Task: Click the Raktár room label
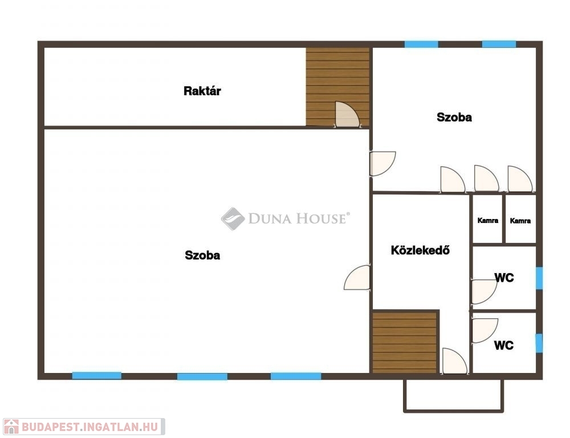click(x=202, y=91)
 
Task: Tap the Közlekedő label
click(x=420, y=250)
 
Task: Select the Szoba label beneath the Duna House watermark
click(x=202, y=255)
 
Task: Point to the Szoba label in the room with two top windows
click(x=454, y=117)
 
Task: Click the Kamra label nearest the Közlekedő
click(x=488, y=220)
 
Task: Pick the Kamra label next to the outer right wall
click(x=520, y=221)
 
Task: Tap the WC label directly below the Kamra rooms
click(x=504, y=278)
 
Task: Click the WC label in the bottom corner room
click(x=504, y=345)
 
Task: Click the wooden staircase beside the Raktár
click(x=337, y=87)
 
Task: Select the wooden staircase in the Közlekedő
click(x=405, y=342)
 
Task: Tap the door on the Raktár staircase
click(x=347, y=115)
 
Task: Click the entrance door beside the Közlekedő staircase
click(x=454, y=361)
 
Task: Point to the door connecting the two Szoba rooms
click(x=382, y=164)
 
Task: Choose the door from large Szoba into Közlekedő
click(x=357, y=278)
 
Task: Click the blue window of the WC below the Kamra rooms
click(x=539, y=278)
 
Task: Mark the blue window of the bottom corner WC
click(x=539, y=343)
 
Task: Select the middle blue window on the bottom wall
click(x=202, y=376)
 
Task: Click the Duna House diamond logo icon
click(x=233, y=218)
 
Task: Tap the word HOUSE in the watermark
click(x=320, y=218)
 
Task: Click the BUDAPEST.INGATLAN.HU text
click(x=90, y=427)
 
